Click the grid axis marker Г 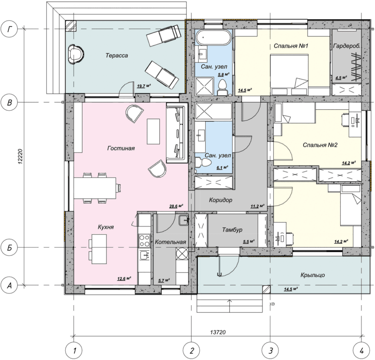[9, 29]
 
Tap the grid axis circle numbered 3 [270, 351]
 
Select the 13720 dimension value [218, 332]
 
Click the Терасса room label [117, 55]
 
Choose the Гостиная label [121, 148]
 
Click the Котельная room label [171, 242]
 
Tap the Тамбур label [232, 230]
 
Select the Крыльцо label [313, 275]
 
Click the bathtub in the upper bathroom [214, 37]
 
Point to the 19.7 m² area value [144, 86]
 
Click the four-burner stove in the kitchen [145, 240]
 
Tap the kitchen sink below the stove [145, 255]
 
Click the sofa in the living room [177, 133]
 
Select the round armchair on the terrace [76, 54]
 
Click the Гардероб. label [346, 46]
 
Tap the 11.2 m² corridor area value [257, 206]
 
